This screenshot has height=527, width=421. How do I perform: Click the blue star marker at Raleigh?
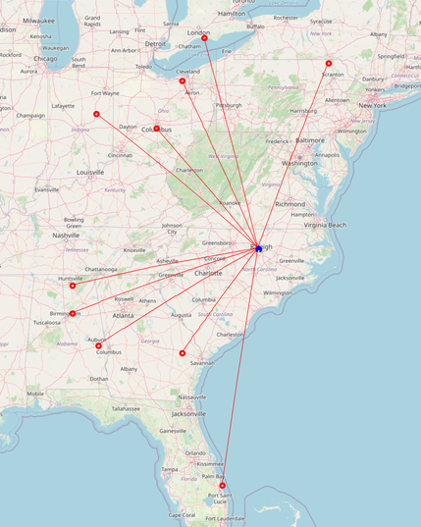[258, 248]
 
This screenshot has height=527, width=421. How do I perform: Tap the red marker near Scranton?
[329, 64]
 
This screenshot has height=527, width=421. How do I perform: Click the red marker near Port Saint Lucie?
[223, 486]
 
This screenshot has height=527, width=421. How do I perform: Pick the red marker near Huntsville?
[73, 286]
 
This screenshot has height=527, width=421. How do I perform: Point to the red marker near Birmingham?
[73, 314]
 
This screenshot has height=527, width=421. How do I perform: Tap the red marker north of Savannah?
[183, 352]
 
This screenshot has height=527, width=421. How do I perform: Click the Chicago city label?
[45, 58]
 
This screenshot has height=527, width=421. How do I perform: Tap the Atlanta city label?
[124, 315]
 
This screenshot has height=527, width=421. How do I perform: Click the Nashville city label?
[66, 236]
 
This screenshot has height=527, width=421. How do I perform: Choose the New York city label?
[372, 105]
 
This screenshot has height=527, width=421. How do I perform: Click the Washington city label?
[299, 163]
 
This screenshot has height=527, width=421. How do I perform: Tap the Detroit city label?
[155, 43]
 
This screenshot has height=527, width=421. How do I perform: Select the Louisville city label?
[89, 172]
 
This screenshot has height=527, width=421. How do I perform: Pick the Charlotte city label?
[207, 273]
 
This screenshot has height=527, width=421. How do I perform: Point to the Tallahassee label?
[126, 408]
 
